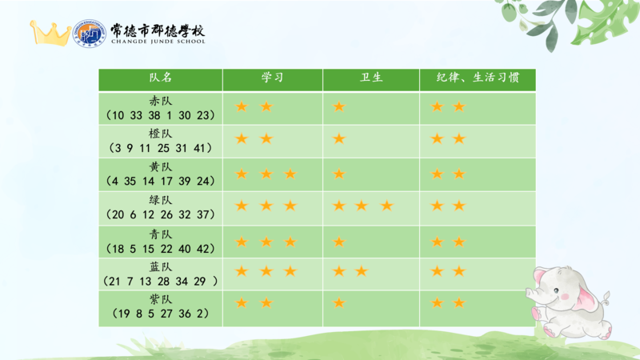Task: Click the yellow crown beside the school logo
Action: pyautogui.click(x=50, y=34)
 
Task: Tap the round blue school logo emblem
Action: pyautogui.click(x=89, y=34)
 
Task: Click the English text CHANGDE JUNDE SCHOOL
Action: pyautogui.click(x=158, y=42)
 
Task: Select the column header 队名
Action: pyautogui.click(x=161, y=78)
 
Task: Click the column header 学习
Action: pyautogui.click(x=272, y=78)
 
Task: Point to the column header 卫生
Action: pyautogui.click(x=371, y=78)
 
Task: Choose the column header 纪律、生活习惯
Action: pyautogui.click(x=478, y=78)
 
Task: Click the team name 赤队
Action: pyautogui.click(x=161, y=101)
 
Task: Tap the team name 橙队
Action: pyautogui.click(x=161, y=134)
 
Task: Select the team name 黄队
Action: pyautogui.click(x=161, y=167)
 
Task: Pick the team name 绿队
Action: pyautogui.click(x=161, y=200)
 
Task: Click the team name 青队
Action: pyautogui.click(x=161, y=234)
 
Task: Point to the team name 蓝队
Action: pyautogui.click(x=161, y=267)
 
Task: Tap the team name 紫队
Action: pyautogui.click(x=161, y=299)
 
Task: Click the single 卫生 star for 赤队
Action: pyautogui.click(x=338, y=107)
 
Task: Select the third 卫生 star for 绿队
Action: pyautogui.click(x=386, y=206)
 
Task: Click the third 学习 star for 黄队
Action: pyautogui.click(x=290, y=174)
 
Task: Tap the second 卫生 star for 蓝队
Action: pyautogui.click(x=362, y=270)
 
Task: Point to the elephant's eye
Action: pyautogui.click(x=556, y=290)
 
